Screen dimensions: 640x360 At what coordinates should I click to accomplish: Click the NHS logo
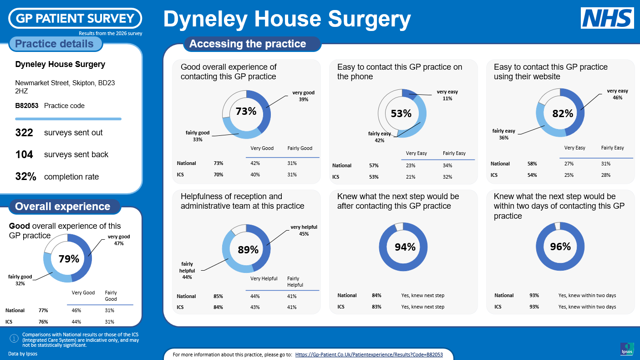(607, 18)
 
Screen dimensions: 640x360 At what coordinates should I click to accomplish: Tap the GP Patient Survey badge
(75, 18)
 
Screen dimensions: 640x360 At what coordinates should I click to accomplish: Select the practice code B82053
(26, 106)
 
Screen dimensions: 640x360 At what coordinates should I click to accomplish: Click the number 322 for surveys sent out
(24, 133)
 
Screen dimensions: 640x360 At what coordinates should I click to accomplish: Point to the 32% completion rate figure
(25, 176)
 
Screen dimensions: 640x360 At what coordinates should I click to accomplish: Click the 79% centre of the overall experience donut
(69, 259)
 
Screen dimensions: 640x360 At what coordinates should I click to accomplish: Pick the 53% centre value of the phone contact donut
(401, 113)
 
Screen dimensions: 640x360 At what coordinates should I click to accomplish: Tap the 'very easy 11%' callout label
(447, 95)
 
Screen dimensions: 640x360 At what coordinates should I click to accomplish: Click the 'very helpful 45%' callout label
(304, 230)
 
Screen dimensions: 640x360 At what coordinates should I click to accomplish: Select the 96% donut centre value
(560, 247)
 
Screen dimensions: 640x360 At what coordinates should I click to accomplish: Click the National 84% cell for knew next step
(376, 295)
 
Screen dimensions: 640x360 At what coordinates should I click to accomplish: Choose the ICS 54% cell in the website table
(532, 175)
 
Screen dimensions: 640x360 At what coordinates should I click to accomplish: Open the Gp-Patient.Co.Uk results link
(369, 355)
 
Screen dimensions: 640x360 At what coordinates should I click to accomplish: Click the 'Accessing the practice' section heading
(248, 44)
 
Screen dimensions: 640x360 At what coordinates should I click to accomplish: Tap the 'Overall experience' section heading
(62, 206)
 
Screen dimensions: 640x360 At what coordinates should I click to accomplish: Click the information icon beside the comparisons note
(14, 339)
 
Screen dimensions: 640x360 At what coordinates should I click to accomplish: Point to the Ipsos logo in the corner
(627, 349)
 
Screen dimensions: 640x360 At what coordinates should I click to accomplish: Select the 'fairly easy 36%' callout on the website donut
(503, 134)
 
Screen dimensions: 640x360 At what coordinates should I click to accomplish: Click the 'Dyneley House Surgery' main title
(287, 19)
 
